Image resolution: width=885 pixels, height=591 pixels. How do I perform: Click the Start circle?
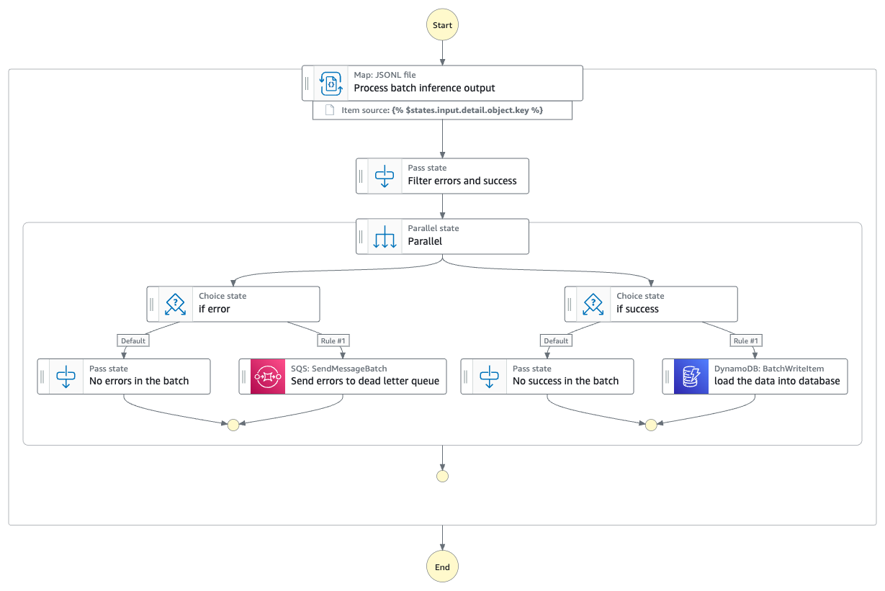click(x=442, y=25)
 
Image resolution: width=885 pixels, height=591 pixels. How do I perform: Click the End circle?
click(x=442, y=567)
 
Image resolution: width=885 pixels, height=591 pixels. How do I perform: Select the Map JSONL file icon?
click(x=331, y=84)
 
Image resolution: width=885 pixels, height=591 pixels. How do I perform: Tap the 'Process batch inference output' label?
click(x=424, y=88)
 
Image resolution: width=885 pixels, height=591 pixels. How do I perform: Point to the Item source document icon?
click(x=330, y=110)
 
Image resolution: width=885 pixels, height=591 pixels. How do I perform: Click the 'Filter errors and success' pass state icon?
click(x=385, y=176)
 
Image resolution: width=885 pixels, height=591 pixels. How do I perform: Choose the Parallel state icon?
click(x=385, y=236)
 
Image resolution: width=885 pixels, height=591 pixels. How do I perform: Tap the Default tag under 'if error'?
click(x=132, y=340)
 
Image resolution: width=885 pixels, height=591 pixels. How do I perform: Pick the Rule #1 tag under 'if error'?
click(x=333, y=340)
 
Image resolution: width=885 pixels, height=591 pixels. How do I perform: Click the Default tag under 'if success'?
click(x=556, y=340)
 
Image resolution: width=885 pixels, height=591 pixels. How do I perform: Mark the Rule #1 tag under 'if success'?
click(x=745, y=340)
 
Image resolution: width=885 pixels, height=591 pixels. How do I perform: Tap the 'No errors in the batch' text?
click(x=139, y=381)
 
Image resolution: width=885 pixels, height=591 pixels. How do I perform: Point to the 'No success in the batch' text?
click(x=565, y=381)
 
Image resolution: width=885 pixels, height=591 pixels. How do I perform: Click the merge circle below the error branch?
click(x=233, y=425)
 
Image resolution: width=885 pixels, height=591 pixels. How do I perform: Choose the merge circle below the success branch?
click(x=651, y=425)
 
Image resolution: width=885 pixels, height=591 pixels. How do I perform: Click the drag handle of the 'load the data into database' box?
click(x=668, y=376)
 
